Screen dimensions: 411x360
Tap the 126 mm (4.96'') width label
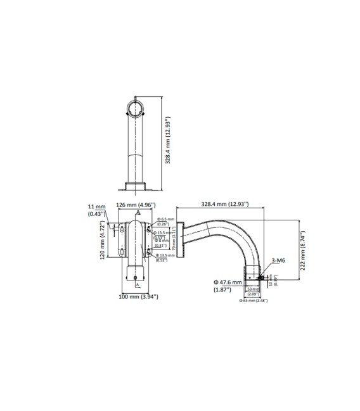136,205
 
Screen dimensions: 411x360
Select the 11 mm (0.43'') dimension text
96,210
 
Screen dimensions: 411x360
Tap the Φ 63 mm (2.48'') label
254,300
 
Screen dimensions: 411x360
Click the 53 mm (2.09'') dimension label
253,291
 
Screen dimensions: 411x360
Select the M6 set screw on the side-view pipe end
260,277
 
